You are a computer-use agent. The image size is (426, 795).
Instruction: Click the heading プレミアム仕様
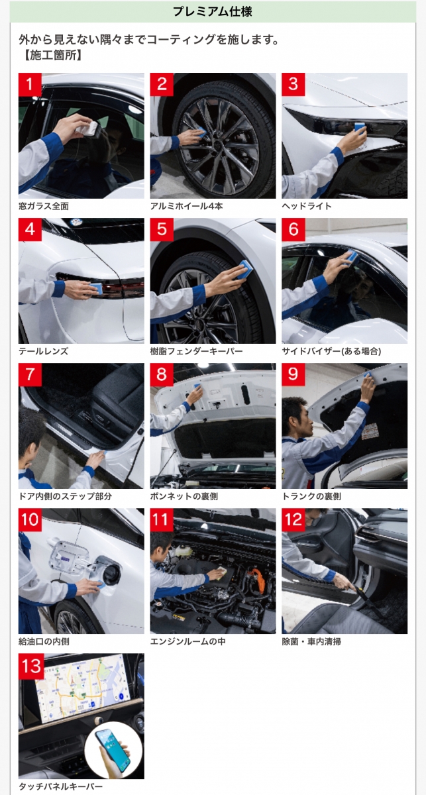pos(212,11)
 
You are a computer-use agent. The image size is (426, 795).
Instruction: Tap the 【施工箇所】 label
pos(52,55)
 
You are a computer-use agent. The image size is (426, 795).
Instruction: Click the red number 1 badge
pos(30,85)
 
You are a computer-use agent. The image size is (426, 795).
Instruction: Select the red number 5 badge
pos(162,230)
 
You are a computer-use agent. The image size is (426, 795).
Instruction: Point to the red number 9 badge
pos(293,374)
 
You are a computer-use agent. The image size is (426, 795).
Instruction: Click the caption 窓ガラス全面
pos(44,206)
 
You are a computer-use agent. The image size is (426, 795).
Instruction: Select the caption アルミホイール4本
pos(186,206)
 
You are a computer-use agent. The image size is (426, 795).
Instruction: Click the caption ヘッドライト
pos(307,206)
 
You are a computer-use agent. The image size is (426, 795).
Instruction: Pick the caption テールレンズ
pos(43,351)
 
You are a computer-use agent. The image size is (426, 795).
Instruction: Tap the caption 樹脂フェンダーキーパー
pos(196,351)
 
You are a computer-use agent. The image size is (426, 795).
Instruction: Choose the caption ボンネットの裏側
pos(184,496)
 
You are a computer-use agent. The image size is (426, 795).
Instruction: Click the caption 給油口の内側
pos(44,641)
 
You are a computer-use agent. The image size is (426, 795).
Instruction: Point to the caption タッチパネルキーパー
pos(60,787)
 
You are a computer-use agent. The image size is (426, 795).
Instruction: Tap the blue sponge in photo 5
pos(246,269)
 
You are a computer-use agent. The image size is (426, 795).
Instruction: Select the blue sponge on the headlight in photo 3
pos(360,129)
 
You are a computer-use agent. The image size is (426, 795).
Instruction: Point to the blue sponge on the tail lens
pos(96,288)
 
